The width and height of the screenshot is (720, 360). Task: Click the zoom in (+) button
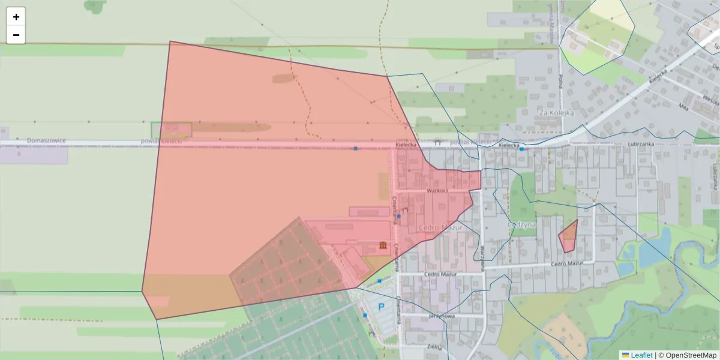pyautogui.click(x=16, y=17)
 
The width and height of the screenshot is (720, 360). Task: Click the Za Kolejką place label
pyautogui.click(x=556, y=112)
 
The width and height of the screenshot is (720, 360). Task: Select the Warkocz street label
pyautogui.click(x=437, y=190)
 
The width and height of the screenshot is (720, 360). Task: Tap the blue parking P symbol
pyautogui.click(x=380, y=307)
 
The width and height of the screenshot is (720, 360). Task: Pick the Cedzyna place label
pyautogui.click(x=521, y=225)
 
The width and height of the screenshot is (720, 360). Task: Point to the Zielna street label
pyautogui.click(x=434, y=347)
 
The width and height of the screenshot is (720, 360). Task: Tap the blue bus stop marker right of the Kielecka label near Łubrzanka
pyautogui.click(x=522, y=149)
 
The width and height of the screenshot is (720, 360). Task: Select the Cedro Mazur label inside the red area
pyautogui.click(x=441, y=228)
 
